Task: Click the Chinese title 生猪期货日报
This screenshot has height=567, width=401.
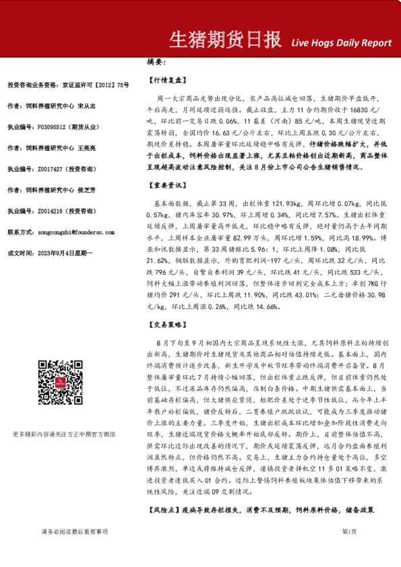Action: [x=224, y=40]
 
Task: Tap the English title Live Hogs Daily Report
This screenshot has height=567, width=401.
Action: [x=341, y=42]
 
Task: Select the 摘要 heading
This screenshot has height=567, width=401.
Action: [x=156, y=62]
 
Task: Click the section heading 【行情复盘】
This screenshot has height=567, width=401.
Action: [x=165, y=79]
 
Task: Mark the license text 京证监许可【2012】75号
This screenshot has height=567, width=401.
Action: [x=95, y=85]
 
